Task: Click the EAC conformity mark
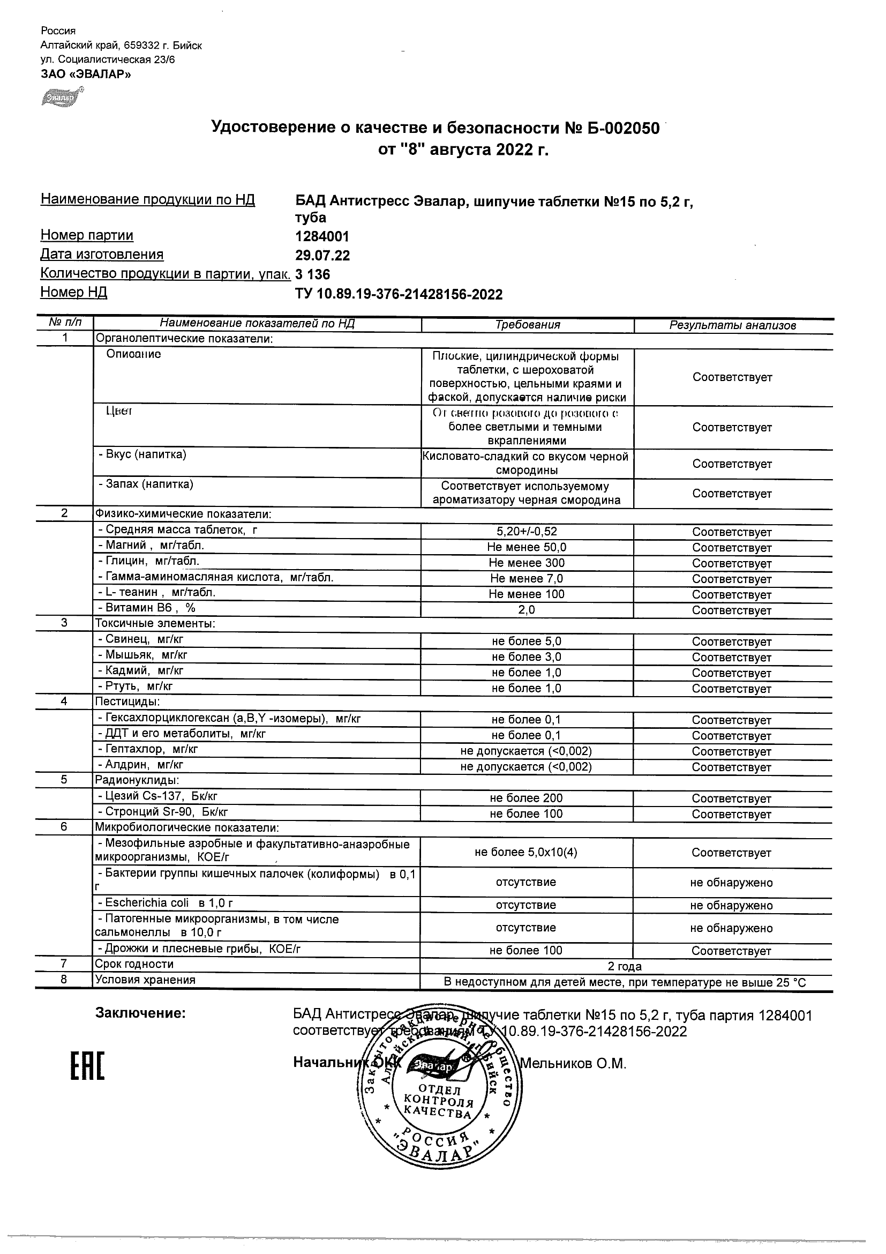click(87, 1065)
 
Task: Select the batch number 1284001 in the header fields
click(322, 236)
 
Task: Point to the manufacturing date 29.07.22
click(322, 256)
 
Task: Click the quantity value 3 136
click(313, 274)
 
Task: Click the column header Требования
click(527, 325)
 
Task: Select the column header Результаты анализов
click(733, 325)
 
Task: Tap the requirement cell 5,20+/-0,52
click(527, 532)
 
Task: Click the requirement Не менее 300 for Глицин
click(527, 563)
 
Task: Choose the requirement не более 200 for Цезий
click(526, 798)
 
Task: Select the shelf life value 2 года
click(625, 966)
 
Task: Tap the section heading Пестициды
click(127, 701)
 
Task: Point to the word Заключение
click(140, 1013)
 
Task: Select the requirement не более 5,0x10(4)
click(525, 852)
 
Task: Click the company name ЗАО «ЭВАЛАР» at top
click(86, 74)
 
